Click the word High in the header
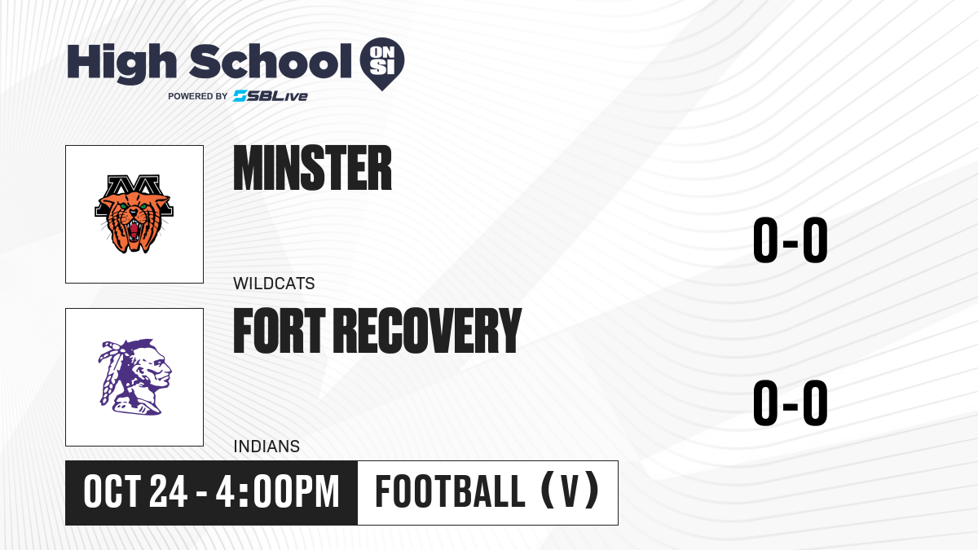121,64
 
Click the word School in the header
271,62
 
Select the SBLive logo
271,96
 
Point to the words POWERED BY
198,96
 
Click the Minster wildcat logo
134,213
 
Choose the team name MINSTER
312,168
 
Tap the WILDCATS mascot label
274,284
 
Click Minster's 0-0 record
791,240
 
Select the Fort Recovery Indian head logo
134,377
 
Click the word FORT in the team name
280,331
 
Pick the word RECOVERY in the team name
427,331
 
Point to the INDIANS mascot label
267,447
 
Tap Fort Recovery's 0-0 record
791,403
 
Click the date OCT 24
135,492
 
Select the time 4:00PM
278,492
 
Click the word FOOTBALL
450,492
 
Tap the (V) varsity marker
570,491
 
